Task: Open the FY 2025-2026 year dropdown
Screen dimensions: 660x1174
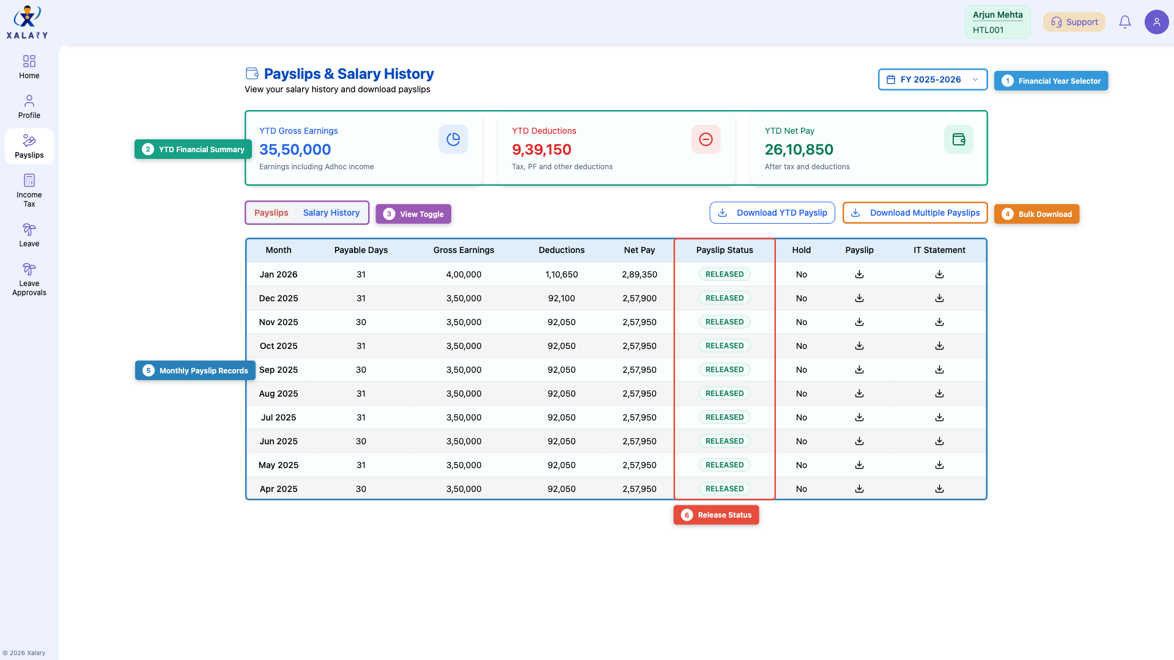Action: click(932, 79)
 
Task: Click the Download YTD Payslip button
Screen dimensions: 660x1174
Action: click(772, 213)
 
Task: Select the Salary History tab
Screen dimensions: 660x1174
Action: click(331, 213)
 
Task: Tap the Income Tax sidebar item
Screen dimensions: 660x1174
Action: click(29, 190)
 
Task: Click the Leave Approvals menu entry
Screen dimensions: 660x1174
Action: click(29, 279)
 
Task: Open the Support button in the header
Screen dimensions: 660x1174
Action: click(1074, 22)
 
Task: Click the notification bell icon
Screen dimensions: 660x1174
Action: click(1124, 22)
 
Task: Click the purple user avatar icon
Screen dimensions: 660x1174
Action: click(1156, 22)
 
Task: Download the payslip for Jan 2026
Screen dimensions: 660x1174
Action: click(859, 274)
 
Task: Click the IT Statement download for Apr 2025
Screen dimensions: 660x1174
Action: click(939, 489)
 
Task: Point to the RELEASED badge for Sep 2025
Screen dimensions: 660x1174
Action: click(725, 370)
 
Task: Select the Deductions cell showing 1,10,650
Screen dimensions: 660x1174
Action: click(561, 274)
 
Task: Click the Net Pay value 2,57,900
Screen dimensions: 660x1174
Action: click(639, 298)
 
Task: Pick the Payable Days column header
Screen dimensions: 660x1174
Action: click(361, 250)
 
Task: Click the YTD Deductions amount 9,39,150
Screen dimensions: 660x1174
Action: click(541, 150)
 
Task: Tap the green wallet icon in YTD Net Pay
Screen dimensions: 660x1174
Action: click(958, 139)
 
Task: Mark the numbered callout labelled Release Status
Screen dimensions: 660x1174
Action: click(716, 515)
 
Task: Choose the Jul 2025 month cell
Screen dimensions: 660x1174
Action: click(278, 417)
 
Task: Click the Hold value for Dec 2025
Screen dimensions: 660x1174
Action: click(801, 298)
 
